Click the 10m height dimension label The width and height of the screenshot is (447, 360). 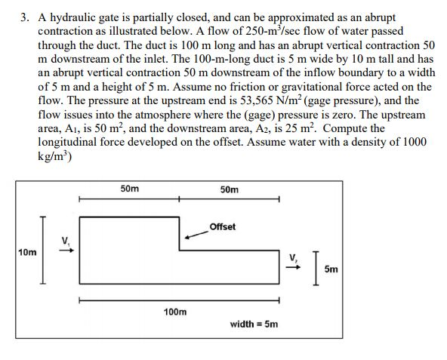[x=27, y=252]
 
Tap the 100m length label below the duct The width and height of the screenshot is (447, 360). [x=175, y=312]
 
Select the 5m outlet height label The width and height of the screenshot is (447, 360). [x=331, y=269]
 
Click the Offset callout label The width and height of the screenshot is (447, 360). [x=222, y=227]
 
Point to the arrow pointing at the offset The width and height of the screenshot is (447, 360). [x=197, y=235]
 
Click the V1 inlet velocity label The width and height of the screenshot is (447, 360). [x=66, y=241]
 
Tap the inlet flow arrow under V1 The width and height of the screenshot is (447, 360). [x=66, y=251]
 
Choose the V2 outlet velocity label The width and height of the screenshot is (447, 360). [x=293, y=257]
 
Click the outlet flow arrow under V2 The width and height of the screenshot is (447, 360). [x=293, y=267]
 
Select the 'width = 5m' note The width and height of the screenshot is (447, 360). [x=254, y=324]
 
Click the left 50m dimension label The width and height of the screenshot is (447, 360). [x=129, y=189]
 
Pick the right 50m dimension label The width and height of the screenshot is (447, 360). [x=230, y=189]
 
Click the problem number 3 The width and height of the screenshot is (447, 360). [x=25, y=17]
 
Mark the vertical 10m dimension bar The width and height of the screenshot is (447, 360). [x=43, y=250]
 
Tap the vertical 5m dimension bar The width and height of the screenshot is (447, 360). [x=315, y=268]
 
